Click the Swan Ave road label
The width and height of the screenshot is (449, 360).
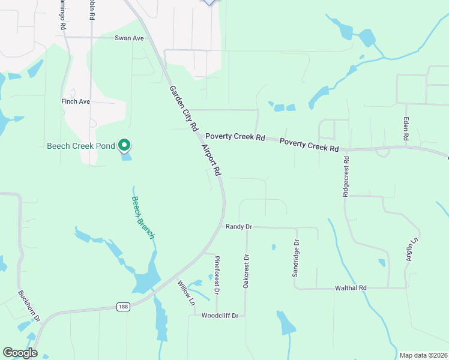[130, 38]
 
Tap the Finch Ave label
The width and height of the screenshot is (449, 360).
[76, 102]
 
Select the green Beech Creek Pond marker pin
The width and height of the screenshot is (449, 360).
[124, 145]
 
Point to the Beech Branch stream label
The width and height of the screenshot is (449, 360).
[143, 218]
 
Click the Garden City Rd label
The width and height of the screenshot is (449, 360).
[183, 109]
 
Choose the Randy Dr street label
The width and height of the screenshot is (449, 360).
[239, 227]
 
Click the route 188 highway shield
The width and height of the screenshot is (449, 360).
[123, 307]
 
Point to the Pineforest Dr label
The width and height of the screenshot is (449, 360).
[217, 275]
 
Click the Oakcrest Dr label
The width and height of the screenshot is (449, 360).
[246, 271]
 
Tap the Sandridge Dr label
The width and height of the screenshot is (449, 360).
[295, 258]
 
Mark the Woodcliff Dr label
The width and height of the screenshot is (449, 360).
[220, 316]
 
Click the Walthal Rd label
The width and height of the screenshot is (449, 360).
[350, 289]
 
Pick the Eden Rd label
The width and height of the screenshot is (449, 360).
[406, 129]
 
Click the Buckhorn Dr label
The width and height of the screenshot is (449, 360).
[29, 305]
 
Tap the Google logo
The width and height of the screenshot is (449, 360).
[20, 353]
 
